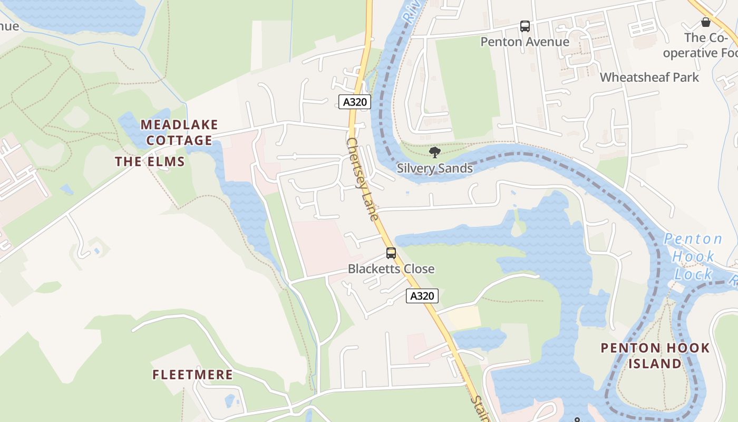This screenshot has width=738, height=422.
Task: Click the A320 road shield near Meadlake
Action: pyautogui.click(x=354, y=102)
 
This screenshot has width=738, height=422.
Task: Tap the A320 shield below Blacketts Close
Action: pyautogui.click(x=422, y=296)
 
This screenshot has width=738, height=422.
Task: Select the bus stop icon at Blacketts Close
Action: pyautogui.click(x=391, y=253)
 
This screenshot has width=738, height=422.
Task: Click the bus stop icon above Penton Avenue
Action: pyautogui.click(x=525, y=26)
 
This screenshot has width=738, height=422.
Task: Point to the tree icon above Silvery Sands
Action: pyautogui.click(x=434, y=153)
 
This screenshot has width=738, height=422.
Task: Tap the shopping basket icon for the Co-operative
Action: pyautogui.click(x=705, y=22)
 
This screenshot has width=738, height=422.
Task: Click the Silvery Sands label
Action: pyautogui.click(x=434, y=168)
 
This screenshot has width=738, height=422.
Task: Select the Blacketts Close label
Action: pyautogui.click(x=391, y=268)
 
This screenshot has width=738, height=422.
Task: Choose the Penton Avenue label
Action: pyautogui.click(x=525, y=42)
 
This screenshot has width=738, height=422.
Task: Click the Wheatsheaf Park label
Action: pyautogui.click(x=649, y=77)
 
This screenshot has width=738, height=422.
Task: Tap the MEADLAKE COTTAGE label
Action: pyautogui.click(x=179, y=132)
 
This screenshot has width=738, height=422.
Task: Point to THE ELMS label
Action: pyautogui.click(x=150, y=161)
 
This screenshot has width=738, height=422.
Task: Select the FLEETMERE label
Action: pyautogui.click(x=192, y=375)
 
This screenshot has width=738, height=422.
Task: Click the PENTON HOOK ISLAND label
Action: pyautogui.click(x=655, y=356)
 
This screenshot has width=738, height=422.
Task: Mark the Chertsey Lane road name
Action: pyautogui.click(x=363, y=179)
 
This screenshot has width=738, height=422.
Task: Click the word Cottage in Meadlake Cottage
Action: pyautogui.click(x=179, y=140)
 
